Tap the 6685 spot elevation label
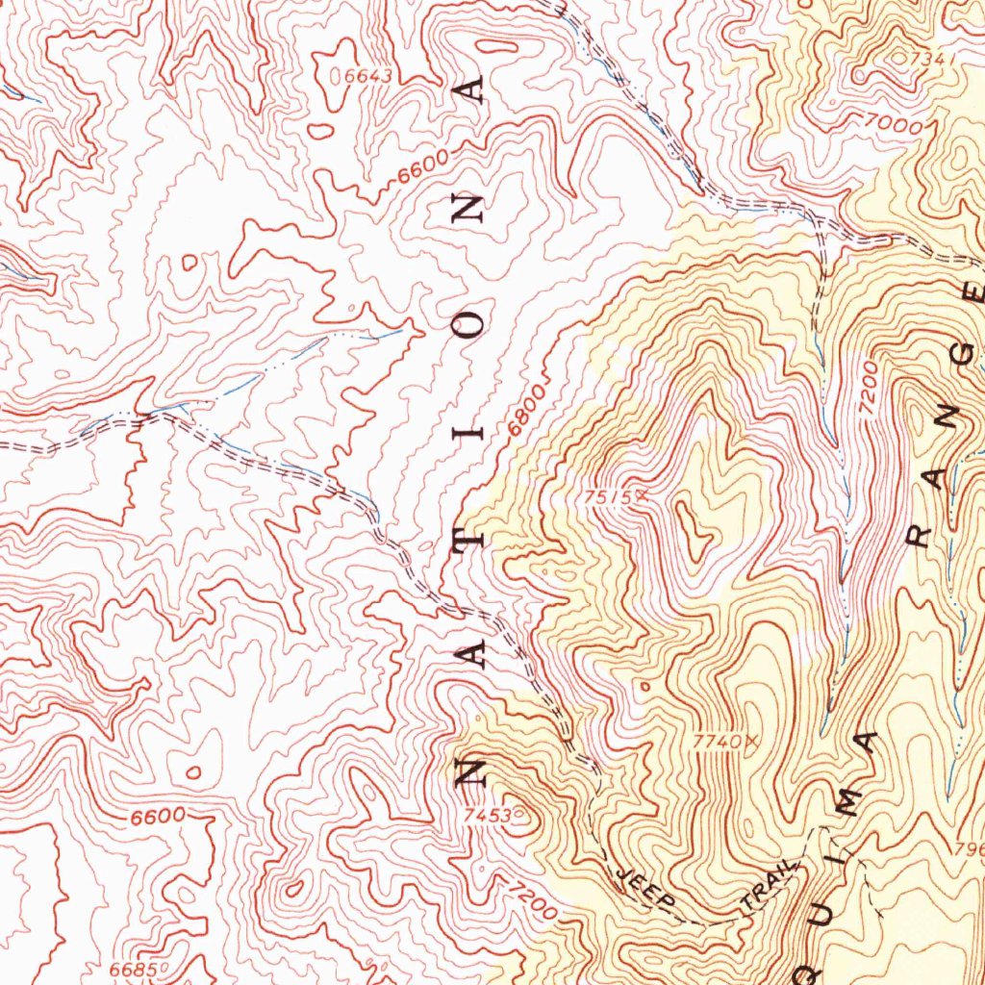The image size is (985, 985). [x=131, y=969]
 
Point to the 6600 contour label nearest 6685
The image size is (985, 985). [x=158, y=816]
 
